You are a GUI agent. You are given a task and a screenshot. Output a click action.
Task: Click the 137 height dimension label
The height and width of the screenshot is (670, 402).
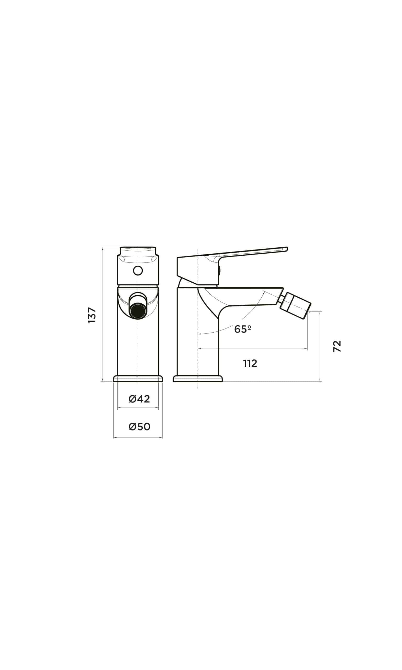[92, 315]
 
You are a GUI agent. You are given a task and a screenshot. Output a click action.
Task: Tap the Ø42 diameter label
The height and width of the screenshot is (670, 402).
[139, 399]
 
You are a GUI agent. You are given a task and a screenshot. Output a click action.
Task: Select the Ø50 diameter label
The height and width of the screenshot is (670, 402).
[139, 427]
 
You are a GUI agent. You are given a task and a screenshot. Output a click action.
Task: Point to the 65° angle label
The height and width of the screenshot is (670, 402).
[242, 329]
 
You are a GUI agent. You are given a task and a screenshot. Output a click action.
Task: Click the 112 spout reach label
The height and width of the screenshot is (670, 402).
[250, 364]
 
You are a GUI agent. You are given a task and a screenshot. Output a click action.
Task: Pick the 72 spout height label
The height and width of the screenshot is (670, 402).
[337, 346]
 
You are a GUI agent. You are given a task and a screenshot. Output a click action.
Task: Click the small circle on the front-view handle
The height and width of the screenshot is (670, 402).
[138, 270]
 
